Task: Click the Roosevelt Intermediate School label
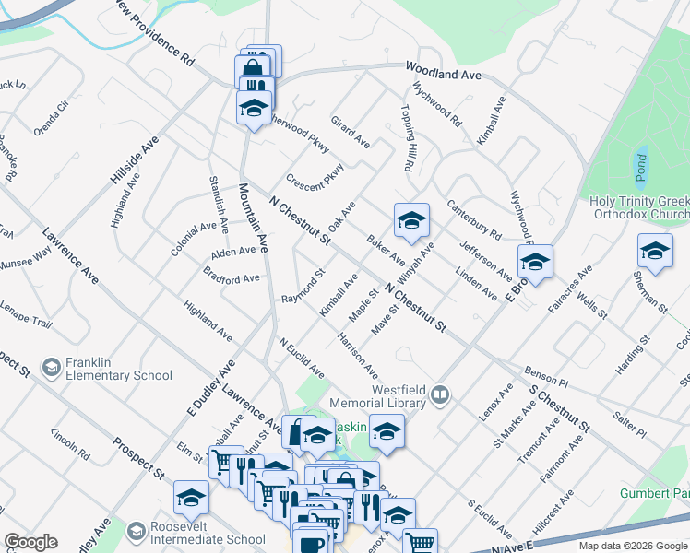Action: (195, 534)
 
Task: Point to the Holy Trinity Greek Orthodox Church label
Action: (639, 208)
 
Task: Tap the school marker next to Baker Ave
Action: (411, 219)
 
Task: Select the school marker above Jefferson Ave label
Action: (535, 262)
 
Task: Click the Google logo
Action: (30, 541)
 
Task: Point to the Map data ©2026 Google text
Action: (632, 546)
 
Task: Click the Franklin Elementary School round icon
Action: (50, 368)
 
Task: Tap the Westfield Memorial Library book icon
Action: (441, 397)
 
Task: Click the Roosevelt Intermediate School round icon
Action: (137, 533)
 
